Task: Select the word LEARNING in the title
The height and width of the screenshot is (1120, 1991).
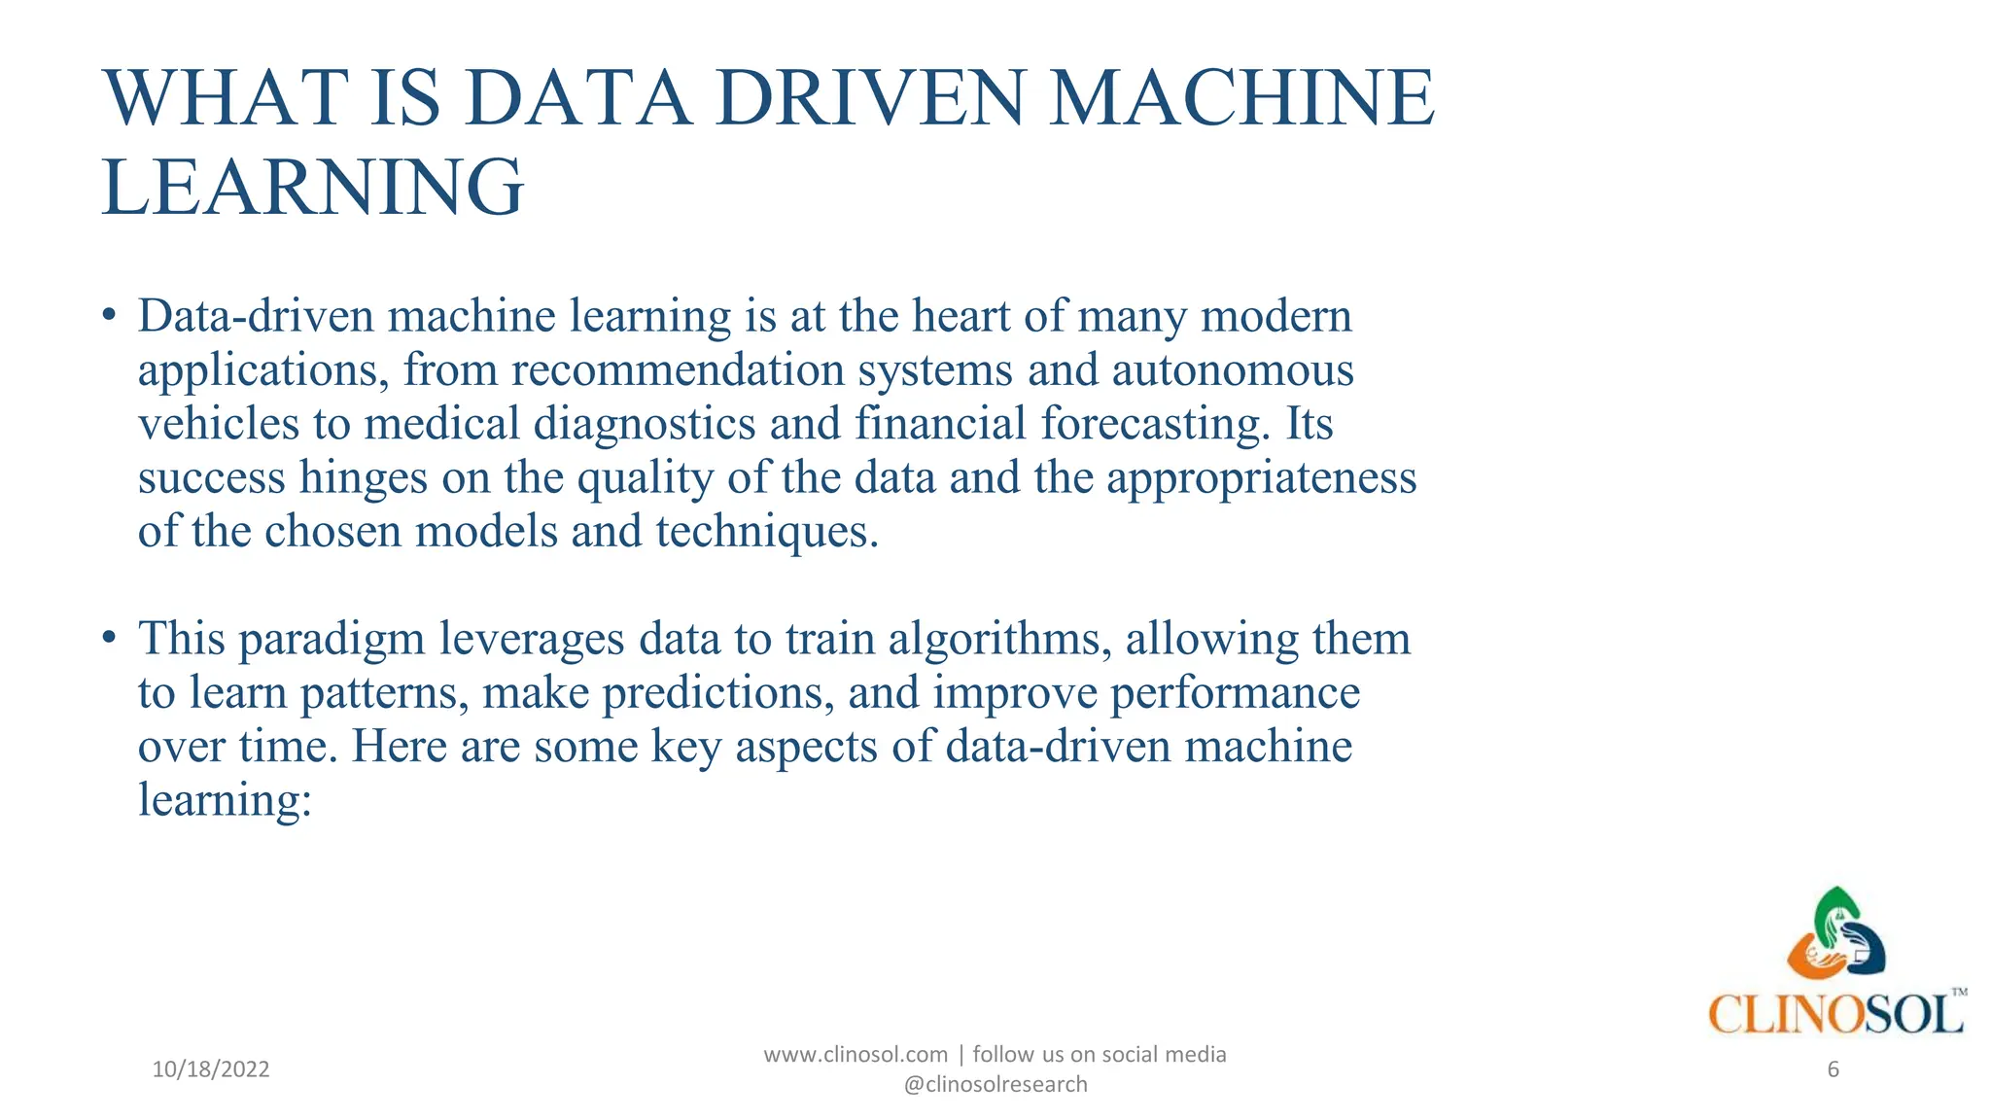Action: (x=313, y=187)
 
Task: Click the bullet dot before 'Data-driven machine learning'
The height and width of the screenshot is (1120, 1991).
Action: (x=110, y=315)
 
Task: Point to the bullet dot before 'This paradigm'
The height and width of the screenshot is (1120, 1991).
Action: (x=110, y=638)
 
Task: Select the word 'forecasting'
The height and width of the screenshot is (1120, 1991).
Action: (x=1155, y=424)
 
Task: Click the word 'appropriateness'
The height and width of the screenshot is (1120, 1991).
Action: (x=1261, y=478)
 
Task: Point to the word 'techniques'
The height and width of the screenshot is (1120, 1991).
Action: (x=767, y=532)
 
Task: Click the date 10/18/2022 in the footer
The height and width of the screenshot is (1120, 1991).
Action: (x=211, y=1069)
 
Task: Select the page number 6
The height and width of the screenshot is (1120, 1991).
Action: (x=1834, y=1069)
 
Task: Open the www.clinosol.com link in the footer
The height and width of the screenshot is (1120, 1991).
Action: (x=856, y=1055)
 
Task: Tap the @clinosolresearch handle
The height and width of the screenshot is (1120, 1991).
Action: (x=995, y=1085)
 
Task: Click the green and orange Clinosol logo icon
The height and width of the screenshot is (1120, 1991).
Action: (x=1836, y=933)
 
